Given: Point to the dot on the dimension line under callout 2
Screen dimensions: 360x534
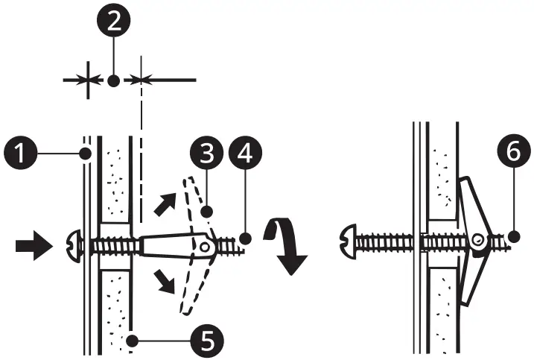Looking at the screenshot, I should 113,79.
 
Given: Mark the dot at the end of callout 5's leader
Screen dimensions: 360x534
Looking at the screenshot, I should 131,341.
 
